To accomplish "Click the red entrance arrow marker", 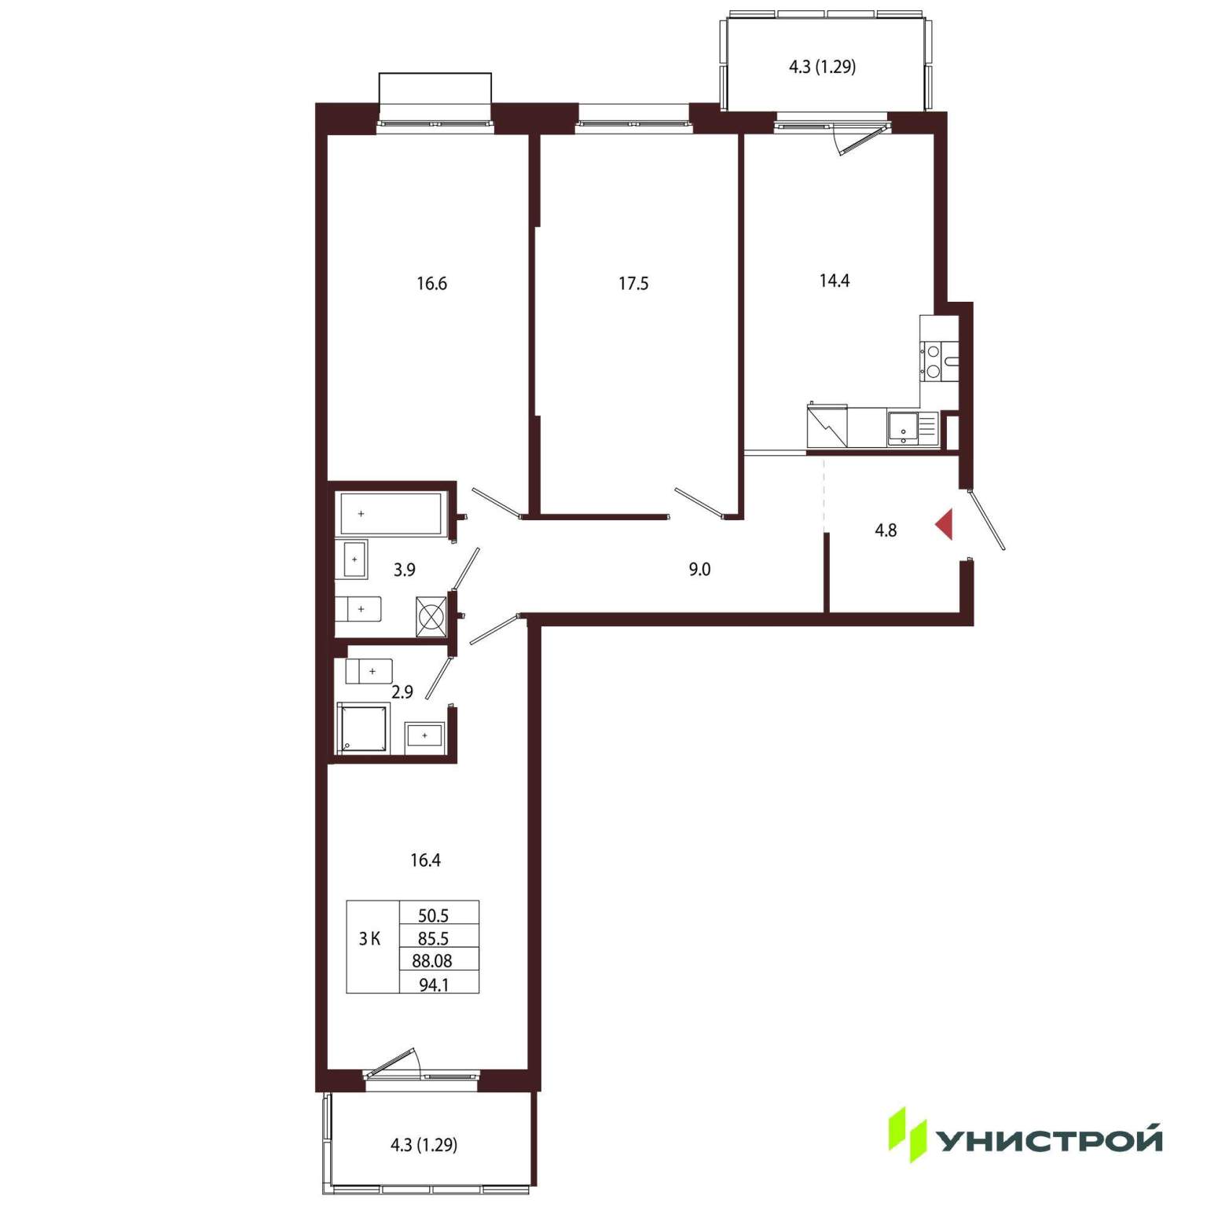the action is click(945, 524).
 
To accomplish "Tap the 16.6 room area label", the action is click(431, 283).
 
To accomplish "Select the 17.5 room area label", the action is click(633, 283).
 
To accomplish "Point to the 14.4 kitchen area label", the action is click(835, 281).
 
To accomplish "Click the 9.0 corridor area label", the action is click(699, 569).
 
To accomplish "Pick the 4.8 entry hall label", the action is click(886, 530).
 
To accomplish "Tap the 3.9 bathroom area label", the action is click(405, 570).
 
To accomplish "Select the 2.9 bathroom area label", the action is click(402, 692).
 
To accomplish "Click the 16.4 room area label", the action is click(425, 860).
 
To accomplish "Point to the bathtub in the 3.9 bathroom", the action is click(391, 514).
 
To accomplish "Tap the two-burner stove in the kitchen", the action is click(934, 361).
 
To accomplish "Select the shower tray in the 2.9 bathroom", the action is click(363, 728).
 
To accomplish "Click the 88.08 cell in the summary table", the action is click(432, 960).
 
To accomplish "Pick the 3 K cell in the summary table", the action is click(369, 938).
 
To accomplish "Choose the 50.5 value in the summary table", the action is click(433, 915).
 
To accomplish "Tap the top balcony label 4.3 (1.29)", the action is click(822, 67).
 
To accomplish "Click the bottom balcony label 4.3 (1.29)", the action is click(424, 1145).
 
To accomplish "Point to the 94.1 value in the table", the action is click(434, 984).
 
